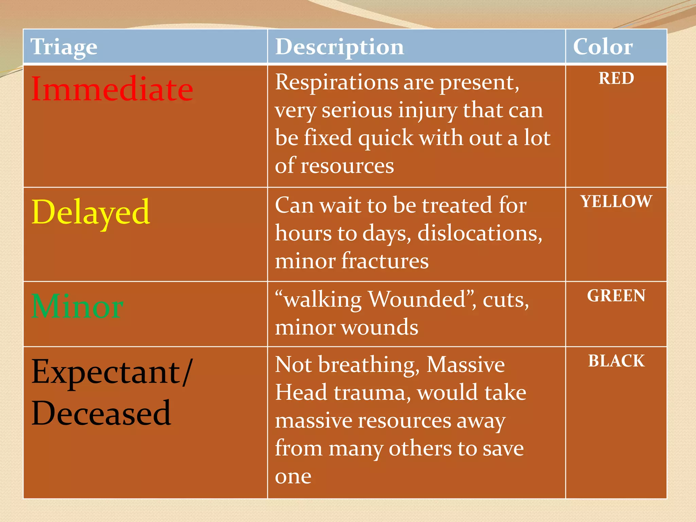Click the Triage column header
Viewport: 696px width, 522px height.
(x=64, y=47)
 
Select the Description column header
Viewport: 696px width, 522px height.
(x=340, y=47)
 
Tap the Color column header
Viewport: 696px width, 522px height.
(x=603, y=47)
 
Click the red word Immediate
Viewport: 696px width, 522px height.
(x=112, y=89)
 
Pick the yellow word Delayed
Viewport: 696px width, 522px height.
(x=90, y=212)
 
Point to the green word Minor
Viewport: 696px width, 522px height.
(x=77, y=307)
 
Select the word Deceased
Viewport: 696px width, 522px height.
(x=101, y=413)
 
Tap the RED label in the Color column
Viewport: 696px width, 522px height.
(x=616, y=79)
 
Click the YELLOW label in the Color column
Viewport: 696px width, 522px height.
(x=616, y=201)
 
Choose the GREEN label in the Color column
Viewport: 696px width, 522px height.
(x=616, y=296)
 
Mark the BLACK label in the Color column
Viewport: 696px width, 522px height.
(x=616, y=361)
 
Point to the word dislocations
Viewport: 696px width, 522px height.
(x=480, y=233)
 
